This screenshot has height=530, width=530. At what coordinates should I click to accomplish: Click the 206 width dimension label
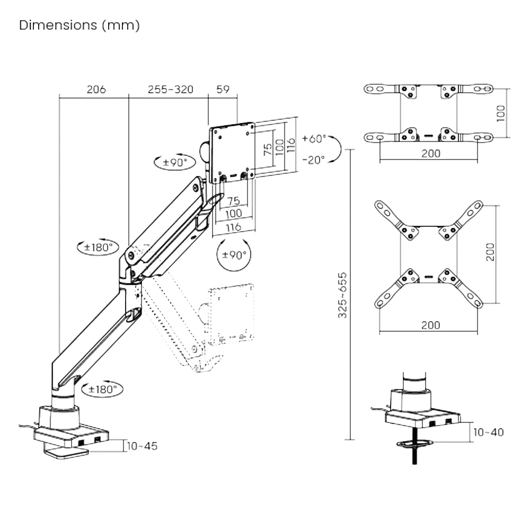point(96,89)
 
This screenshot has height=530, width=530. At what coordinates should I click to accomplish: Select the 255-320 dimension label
point(170,89)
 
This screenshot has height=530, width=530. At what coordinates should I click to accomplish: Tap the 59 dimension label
point(223,89)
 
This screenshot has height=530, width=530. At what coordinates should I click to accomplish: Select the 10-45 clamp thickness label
point(142,446)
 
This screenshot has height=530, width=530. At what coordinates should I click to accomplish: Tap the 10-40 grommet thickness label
point(488,432)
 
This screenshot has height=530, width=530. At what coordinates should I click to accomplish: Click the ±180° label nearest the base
point(103,389)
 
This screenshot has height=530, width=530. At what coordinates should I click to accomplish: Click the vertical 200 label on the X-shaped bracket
point(490,252)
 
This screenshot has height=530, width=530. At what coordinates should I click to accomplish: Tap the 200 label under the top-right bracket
point(430,154)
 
